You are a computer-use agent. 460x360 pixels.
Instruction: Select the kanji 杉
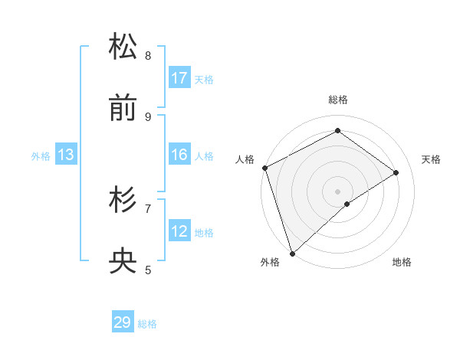click(x=123, y=200)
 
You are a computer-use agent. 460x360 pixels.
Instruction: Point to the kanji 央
click(x=123, y=261)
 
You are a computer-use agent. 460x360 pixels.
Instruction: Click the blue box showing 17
click(x=179, y=78)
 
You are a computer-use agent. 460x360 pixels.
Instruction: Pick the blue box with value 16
click(x=179, y=155)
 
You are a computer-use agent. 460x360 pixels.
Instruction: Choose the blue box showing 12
click(x=179, y=231)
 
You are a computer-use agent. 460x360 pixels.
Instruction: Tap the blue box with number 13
click(x=66, y=155)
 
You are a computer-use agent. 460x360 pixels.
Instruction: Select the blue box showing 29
click(x=123, y=322)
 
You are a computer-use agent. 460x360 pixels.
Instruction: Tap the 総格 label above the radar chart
click(x=338, y=100)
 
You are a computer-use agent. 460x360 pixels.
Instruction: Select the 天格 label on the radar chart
click(x=431, y=159)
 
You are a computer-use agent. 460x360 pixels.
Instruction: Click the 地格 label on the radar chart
click(x=402, y=263)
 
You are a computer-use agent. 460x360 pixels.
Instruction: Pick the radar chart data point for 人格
click(x=264, y=168)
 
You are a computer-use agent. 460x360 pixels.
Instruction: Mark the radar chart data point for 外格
click(x=292, y=253)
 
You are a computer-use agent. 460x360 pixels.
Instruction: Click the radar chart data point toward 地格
click(x=347, y=204)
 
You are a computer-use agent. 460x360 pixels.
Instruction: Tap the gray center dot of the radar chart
click(x=337, y=191)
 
